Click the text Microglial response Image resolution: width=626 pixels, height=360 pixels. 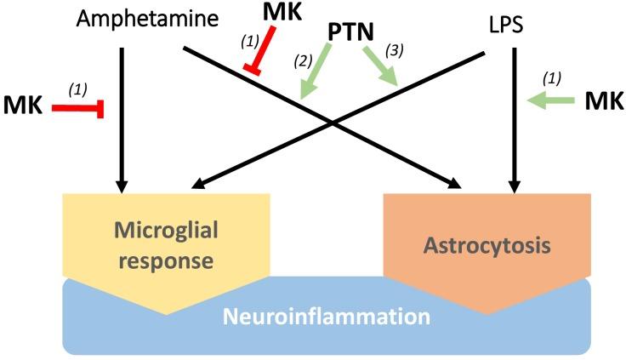pos(166,245)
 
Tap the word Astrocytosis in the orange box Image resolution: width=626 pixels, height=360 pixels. pos(487,247)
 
